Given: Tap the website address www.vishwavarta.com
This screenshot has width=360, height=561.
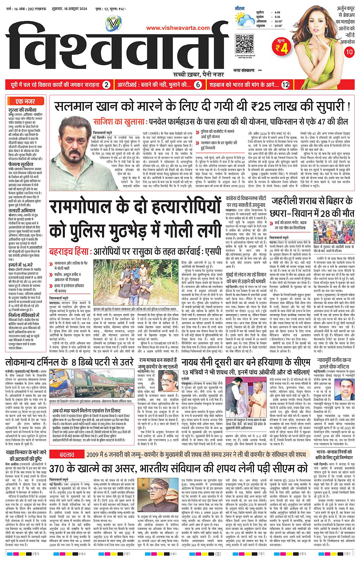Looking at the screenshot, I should pos(178,28).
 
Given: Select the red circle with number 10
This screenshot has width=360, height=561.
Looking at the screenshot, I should pos(349,52).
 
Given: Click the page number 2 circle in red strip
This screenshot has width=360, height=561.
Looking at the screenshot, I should pos(107,85).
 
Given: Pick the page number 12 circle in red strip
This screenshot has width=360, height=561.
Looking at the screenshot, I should pos(285,85).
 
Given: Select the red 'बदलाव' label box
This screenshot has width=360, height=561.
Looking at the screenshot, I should pos(67,454).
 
